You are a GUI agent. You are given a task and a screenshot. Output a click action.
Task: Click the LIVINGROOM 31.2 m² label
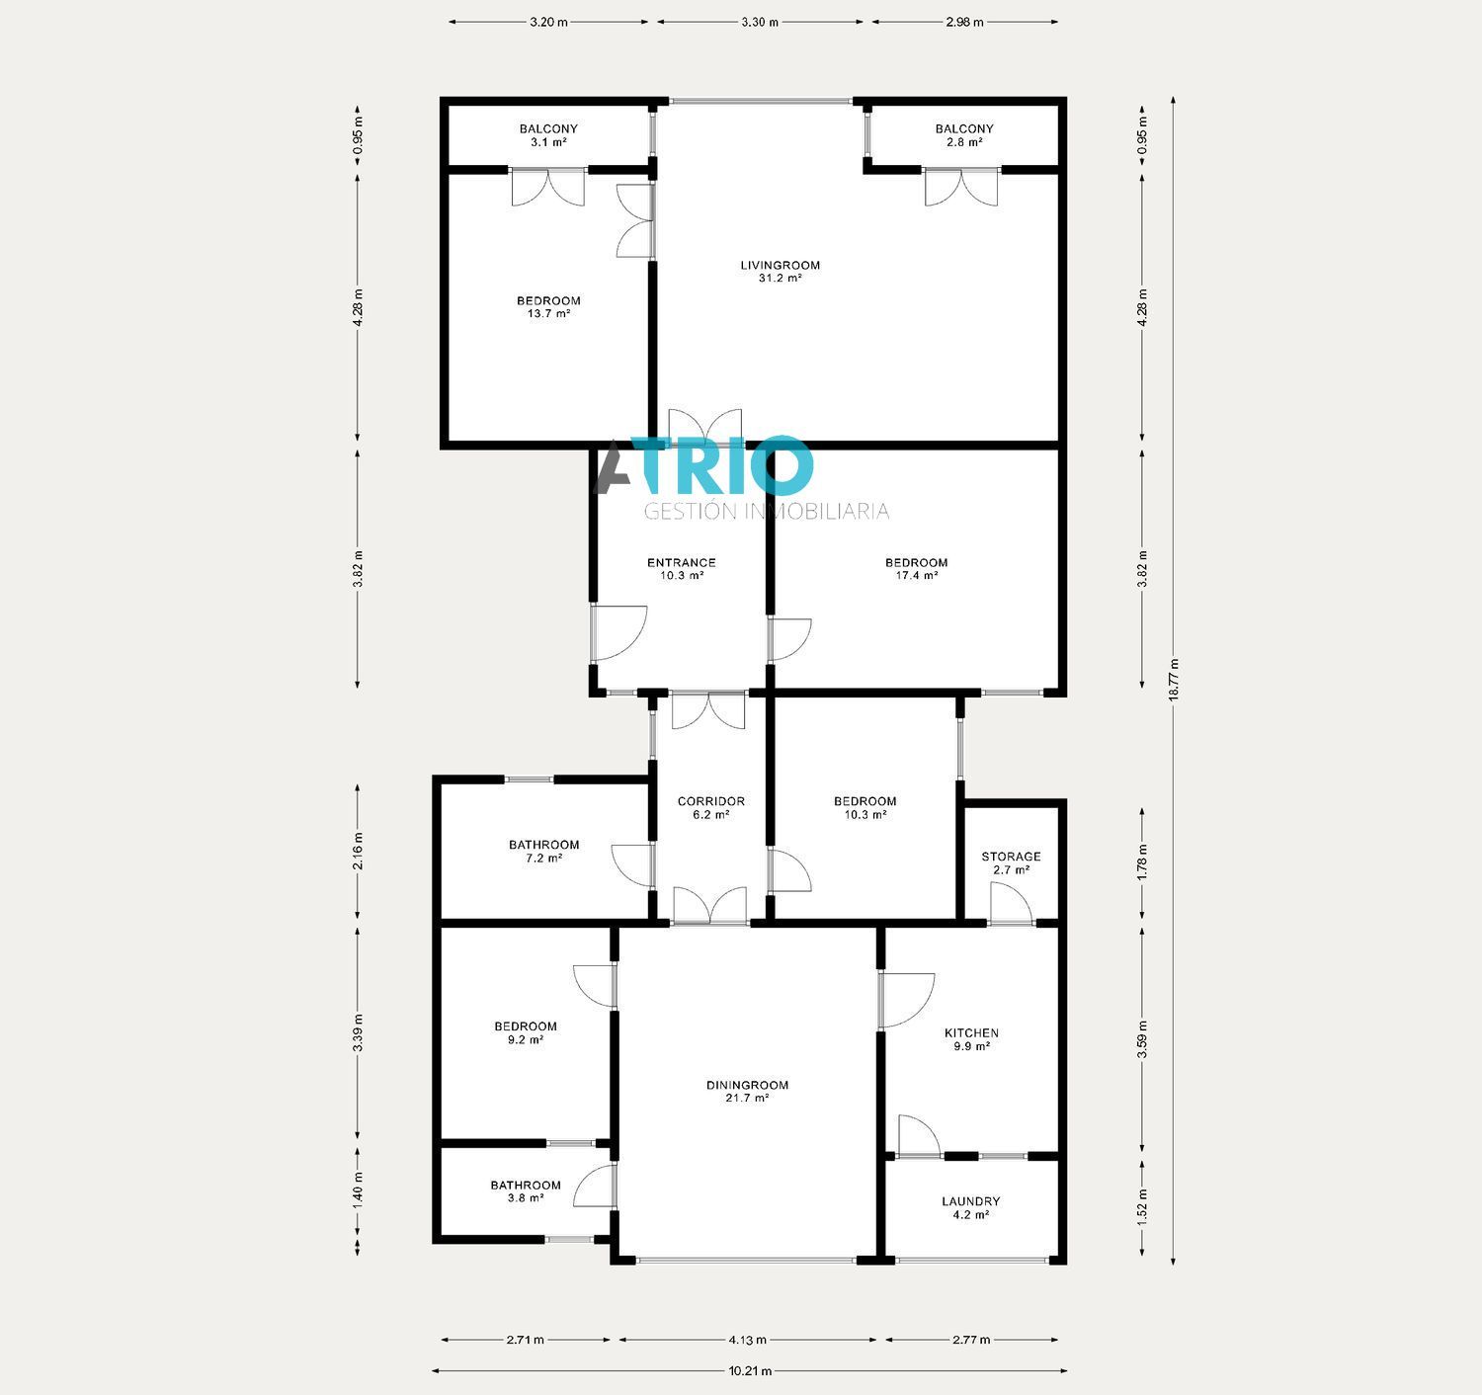[x=781, y=272]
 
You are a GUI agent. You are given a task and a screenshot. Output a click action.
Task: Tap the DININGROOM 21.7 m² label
[x=747, y=1091]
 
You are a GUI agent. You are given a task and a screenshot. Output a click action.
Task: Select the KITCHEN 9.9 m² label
[x=970, y=1039]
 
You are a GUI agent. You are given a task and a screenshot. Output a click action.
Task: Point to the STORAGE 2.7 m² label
[x=1010, y=862]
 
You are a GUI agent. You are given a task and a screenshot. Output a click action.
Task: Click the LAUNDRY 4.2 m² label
[x=970, y=1208]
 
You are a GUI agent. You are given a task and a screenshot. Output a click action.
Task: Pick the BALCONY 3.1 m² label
[x=548, y=135]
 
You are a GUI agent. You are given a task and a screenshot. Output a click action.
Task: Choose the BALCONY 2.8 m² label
[x=964, y=135]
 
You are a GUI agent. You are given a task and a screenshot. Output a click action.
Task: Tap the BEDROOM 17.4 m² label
[x=916, y=569]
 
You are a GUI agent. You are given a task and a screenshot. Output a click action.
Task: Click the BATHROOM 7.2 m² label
[x=543, y=852]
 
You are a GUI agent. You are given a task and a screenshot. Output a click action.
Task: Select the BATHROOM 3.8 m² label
[x=526, y=1191]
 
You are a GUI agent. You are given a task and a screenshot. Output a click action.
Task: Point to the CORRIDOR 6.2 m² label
[x=710, y=808]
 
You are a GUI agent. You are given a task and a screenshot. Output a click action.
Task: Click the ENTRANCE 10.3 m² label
[x=681, y=569]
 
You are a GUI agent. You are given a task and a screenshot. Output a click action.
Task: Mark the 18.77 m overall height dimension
[x=1174, y=680]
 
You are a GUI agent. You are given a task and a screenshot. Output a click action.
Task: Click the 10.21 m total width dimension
[x=750, y=1370]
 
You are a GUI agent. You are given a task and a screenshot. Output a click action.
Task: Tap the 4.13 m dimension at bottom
[x=747, y=1340]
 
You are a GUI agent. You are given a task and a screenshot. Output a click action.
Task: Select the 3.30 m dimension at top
[x=760, y=22]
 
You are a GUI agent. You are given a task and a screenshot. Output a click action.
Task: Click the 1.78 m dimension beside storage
[x=1143, y=862]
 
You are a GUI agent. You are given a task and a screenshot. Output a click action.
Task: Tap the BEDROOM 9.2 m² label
[x=525, y=1032]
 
